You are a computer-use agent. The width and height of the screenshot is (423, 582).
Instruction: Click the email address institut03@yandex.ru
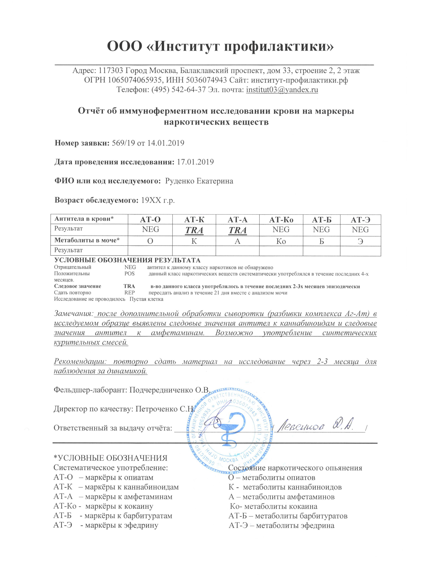282,90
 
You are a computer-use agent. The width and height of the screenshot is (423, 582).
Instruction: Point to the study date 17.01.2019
195,162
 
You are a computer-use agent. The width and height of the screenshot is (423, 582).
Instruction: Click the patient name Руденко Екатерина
199,181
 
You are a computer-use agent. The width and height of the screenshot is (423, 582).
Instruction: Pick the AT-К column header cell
194,220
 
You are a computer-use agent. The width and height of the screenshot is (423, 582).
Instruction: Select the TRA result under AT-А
238,230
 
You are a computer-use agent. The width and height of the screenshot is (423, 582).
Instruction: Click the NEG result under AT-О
151,229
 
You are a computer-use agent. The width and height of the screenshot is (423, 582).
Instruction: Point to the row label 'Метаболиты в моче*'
87,240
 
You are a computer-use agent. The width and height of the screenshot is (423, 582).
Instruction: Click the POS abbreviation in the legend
130,273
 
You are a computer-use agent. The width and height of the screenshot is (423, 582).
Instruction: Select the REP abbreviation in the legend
130,293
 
